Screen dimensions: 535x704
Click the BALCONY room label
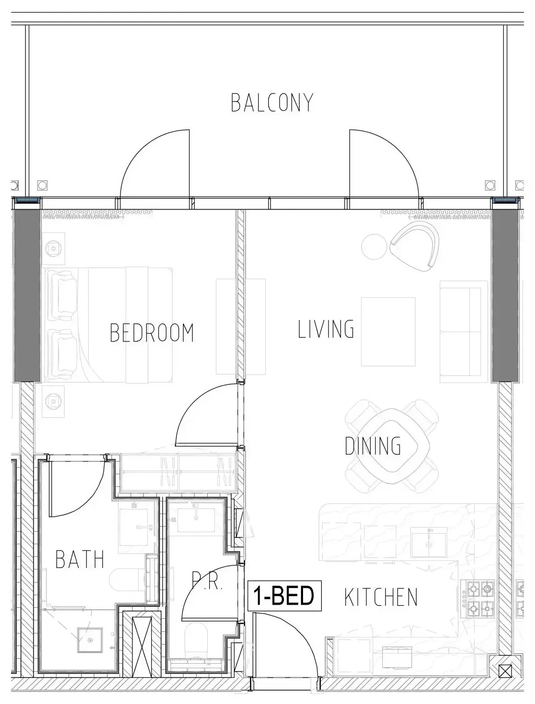pyautogui.click(x=272, y=103)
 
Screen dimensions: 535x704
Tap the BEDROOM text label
pyautogui.click(x=152, y=333)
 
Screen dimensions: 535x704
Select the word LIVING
pyautogui.click(x=326, y=329)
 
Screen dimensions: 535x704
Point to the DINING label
pyautogui.click(x=373, y=446)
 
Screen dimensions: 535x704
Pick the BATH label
pyautogui.click(x=80, y=559)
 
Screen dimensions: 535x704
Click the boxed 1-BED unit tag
pyautogui.click(x=284, y=595)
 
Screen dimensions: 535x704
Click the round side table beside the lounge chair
pyautogui.click(x=374, y=246)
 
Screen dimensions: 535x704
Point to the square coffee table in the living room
pyautogui.click(x=388, y=332)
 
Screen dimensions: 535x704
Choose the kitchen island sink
pyautogui.click(x=429, y=542)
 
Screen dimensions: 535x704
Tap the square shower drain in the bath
pyautogui.click(x=90, y=641)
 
